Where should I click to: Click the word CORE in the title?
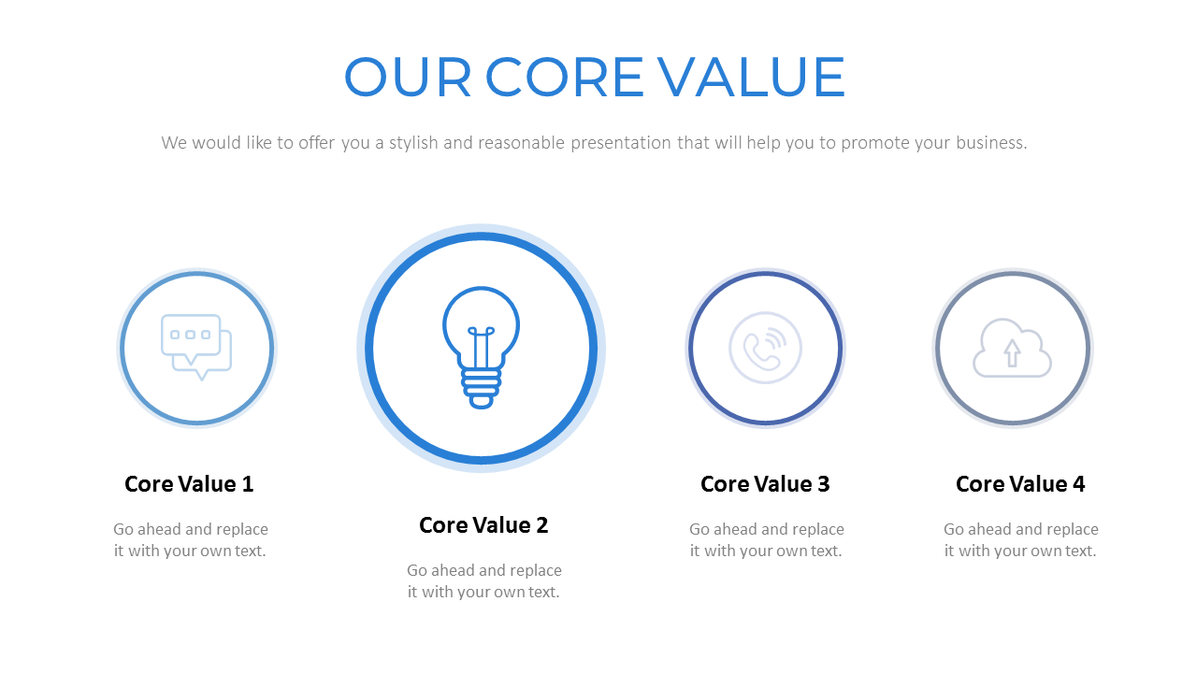[565, 78]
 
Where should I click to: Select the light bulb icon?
[481, 347]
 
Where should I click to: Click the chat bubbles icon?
[196, 347]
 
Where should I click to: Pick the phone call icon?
[765, 348]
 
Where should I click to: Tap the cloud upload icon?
[1012, 348]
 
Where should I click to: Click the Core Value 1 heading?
[189, 484]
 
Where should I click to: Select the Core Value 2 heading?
[483, 525]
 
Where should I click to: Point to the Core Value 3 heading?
[765, 484]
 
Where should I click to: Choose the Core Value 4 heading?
[1020, 484]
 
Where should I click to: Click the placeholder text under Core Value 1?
[191, 540]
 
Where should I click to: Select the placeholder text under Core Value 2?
[484, 581]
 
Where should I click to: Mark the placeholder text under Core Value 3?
[767, 540]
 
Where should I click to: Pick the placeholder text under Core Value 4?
[1021, 540]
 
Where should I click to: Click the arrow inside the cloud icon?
[1012, 352]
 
